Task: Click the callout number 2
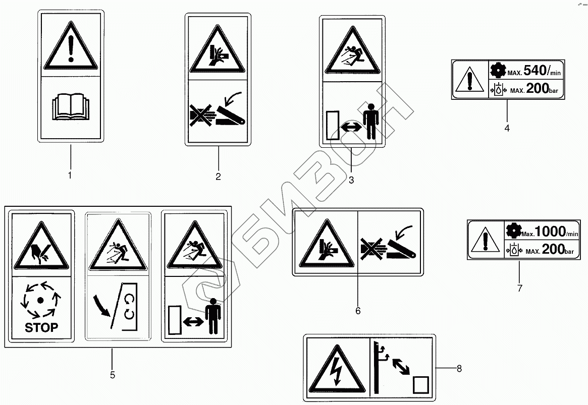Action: pos(218,177)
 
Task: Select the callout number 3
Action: pos(351,180)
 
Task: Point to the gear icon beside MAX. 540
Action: pos(498,70)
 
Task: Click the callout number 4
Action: pos(507,128)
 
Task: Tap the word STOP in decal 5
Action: pos(41,327)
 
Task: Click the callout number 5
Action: pos(113,375)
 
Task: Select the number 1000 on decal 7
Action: pos(551,232)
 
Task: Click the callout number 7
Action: pos(520,288)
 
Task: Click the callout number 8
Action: pos(459,369)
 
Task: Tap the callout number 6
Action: pos(358,311)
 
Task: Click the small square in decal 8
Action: pos(421,385)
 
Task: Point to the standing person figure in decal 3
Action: pos(370,121)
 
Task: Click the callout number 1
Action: pos(70,176)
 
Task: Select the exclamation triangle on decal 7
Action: pos(485,240)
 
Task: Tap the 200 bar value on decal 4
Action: pos(542,88)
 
